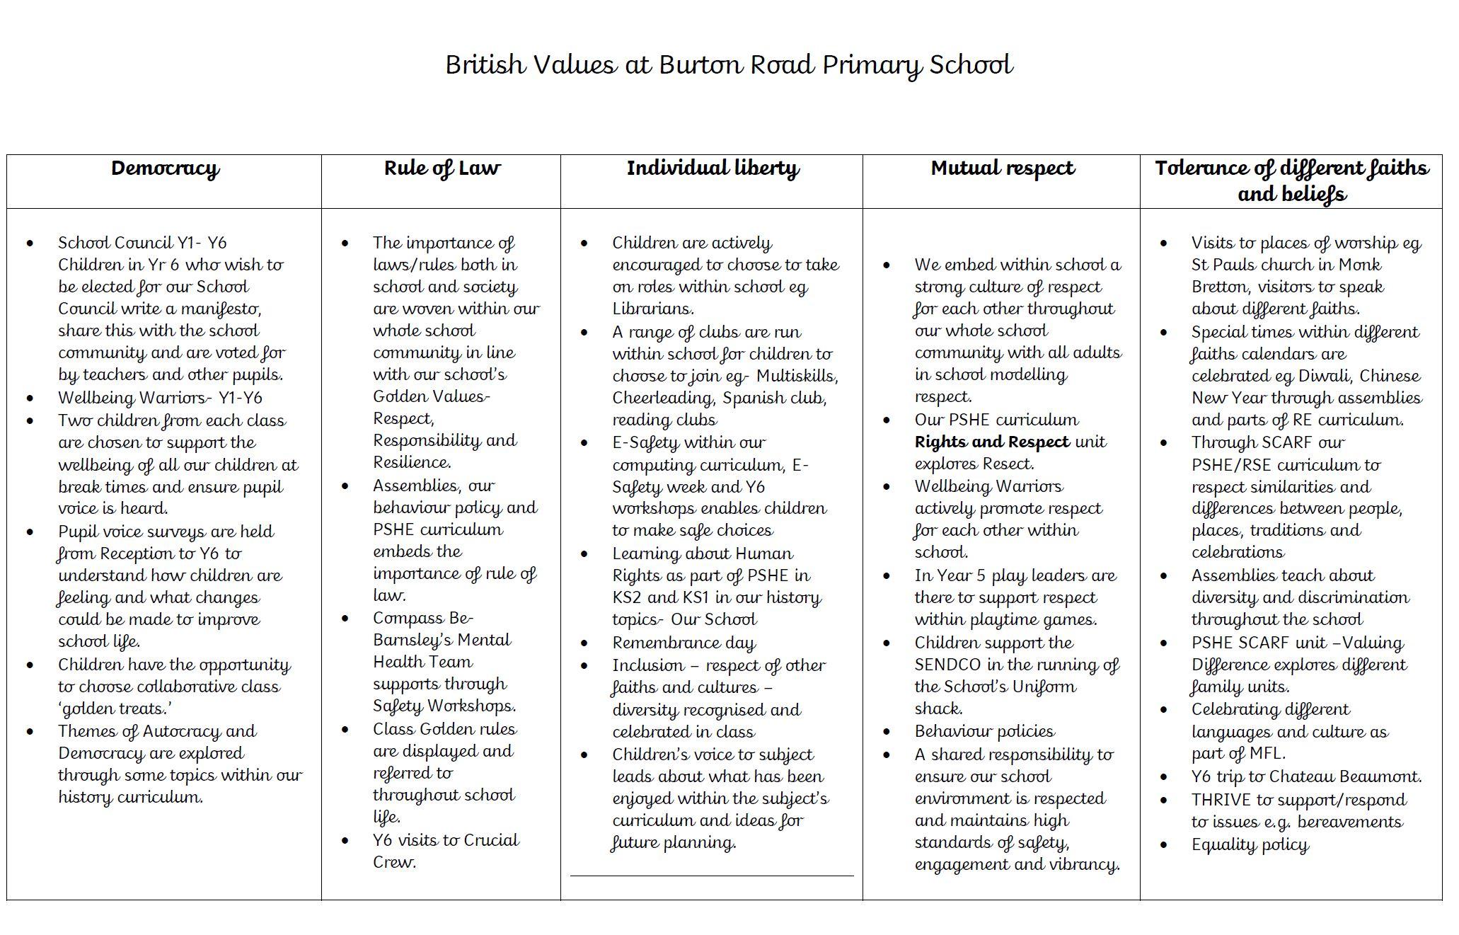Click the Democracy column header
pyautogui.click(x=165, y=169)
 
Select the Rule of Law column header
pyautogui.click(x=442, y=169)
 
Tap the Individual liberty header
pyautogui.click(x=712, y=169)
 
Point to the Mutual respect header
pyautogui.click(x=1002, y=169)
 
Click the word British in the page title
pyautogui.click(x=485, y=65)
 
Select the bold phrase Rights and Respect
pyautogui.click(x=991, y=442)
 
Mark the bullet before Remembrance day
pyautogui.click(x=584, y=643)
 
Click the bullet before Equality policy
pyautogui.click(x=1164, y=845)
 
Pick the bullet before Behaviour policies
pyautogui.click(x=887, y=732)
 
